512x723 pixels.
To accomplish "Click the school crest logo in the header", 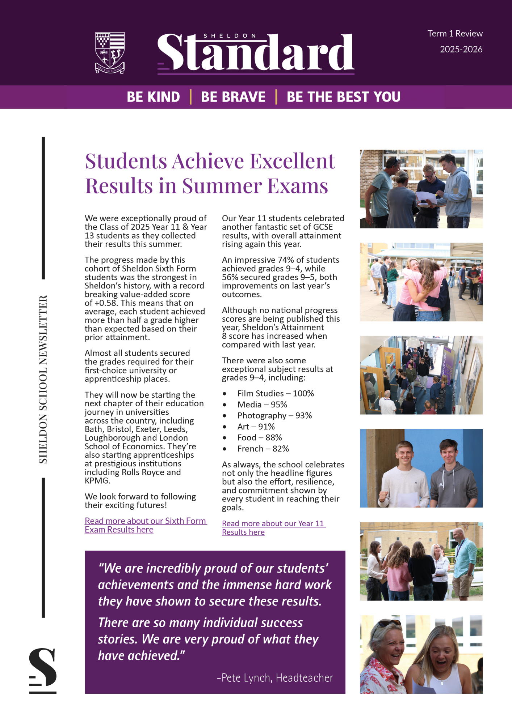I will tap(110, 52).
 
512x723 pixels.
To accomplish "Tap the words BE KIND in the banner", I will tap(153, 97).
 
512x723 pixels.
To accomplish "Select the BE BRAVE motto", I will tap(233, 97).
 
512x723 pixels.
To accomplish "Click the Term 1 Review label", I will tap(455, 34).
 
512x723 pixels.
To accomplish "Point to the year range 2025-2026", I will tap(461, 49).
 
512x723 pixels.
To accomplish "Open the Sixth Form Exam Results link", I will tap(145, 525).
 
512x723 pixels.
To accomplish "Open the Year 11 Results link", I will tap(273, 527).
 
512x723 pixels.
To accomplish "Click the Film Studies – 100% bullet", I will tap(275, 393).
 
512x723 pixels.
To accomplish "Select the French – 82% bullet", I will tap(263, 449).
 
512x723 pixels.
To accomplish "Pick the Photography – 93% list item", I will tap(274, 415).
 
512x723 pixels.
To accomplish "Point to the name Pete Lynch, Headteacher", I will tap(275, 677).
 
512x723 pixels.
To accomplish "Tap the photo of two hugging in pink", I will tap(421, 282).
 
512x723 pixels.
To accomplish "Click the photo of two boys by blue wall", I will tap(421, 468).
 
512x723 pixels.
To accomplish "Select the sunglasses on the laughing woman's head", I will tap(387, 624).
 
